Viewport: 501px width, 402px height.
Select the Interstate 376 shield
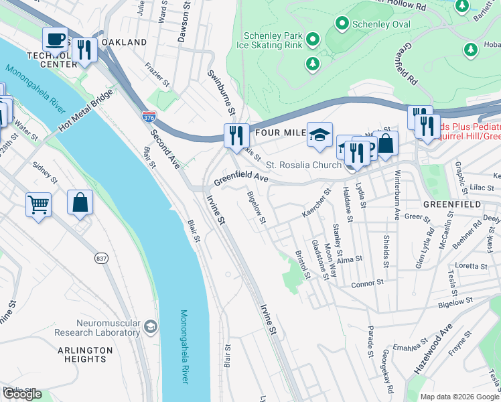pyautogui.click(x=149, y=117)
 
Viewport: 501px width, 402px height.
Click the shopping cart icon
pyautogui.click(x=38, y=204)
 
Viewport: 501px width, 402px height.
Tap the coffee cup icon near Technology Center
pyautogui.click(x=55, y=38)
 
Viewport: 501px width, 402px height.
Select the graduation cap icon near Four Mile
pyautogui.click(x=320, y=134)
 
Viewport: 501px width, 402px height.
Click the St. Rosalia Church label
pyautogui.click(x=303, y=165)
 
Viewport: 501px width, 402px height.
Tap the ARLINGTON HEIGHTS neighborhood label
pyautogui.click(x=85, y=354)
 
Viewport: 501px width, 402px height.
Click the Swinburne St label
pyautogui.click(x=222, y=91)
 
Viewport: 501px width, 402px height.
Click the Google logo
pyautogui.click(x=22, y=394)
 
